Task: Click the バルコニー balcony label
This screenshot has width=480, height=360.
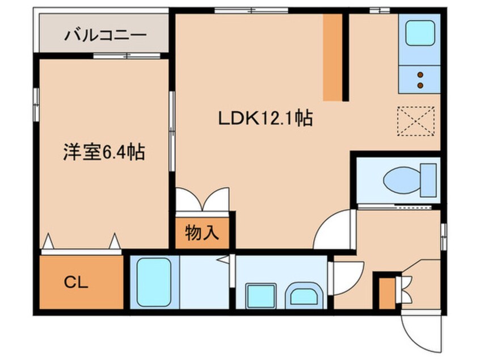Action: pyautogui.click(x=105, y=35)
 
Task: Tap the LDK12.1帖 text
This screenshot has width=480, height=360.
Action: pyautogui.click(x=265, y=118)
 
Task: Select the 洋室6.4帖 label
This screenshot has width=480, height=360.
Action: pyautogui.click(x=104, y=152)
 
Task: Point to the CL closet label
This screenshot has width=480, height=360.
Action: pyautogui.click(x=76, y=282)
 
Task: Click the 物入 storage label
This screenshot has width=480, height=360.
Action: pyautogui.click(x=202, y=233)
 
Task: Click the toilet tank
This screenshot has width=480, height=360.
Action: pyautogui.click(x=428, y=180)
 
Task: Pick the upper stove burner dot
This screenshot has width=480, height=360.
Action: pyautogui.click(x=420, y=74)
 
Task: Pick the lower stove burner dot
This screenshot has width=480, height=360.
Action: pyautogui.click(x=420, y=85)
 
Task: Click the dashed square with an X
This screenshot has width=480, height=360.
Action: pyautogui.click(x=416, y=121)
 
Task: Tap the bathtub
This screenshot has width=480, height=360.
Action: pyautogui.click(x=154, y=282)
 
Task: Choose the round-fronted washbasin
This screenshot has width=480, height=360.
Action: pyautogui.click(x=304, y=296)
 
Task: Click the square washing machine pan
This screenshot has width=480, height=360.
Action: pyautogui.click(x=261, y=296)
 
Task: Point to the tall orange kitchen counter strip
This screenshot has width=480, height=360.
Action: pyautogui.click(x=332, y=57)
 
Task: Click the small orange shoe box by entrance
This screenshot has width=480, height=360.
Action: pyautogui.click(x=387, y=293)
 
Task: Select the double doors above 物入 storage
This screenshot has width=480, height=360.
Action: pyautogui.click(x=202, y=199)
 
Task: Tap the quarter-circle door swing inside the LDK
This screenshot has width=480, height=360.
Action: pyautogui.click(x=334, y=229)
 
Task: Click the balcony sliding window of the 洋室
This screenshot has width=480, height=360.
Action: pyautogui.click(x=127, y=56)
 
